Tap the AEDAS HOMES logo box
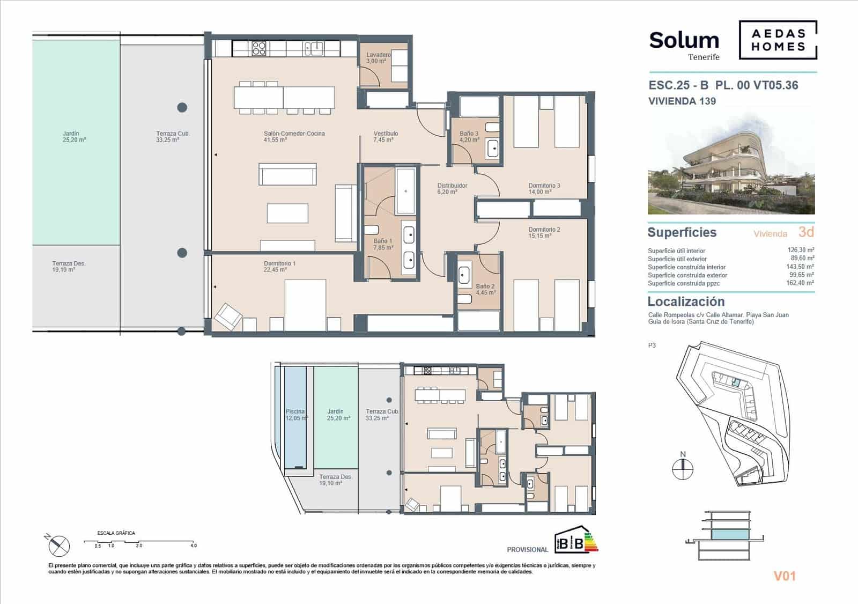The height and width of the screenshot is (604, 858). point(778,40)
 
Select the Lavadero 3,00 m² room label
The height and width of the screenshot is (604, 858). point(378,58)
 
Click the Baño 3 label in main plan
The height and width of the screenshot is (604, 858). point(469,137)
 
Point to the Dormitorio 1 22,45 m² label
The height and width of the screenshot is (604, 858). point(279,267)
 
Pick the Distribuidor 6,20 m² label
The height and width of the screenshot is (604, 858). point(452,189)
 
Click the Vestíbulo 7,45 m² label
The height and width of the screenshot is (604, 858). point(386,137)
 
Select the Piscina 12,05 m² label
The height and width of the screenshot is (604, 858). point(296,415)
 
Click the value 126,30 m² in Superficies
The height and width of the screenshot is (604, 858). point(801,250)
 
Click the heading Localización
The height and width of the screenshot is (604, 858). point(686,301)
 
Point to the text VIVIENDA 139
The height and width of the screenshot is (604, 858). point(682,101)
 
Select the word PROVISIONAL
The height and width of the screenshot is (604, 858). point(527,550)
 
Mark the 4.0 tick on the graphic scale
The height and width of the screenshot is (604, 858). point(193,544)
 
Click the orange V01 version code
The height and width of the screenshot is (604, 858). point(785,576)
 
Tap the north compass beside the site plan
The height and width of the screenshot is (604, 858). point(683,468)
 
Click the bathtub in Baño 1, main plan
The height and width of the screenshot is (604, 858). point(405,191)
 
